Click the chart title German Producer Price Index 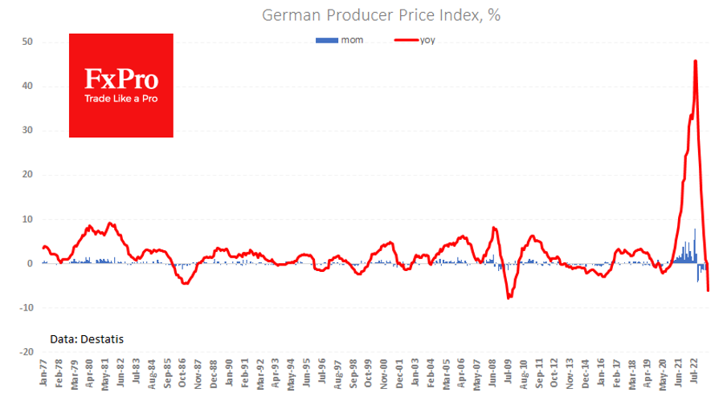coord(382,15)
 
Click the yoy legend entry coord(427,40)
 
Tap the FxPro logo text coord(121,79)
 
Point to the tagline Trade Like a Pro coord(121,99)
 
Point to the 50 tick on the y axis coord(26,42)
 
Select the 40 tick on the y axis coord(26,86)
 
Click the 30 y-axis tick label coord(26,131)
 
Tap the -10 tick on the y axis coord(24,308)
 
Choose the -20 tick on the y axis coord(24,352)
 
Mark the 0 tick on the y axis coord(29,264)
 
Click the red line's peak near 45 coord(695,61)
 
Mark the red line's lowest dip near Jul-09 coord(509,298)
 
